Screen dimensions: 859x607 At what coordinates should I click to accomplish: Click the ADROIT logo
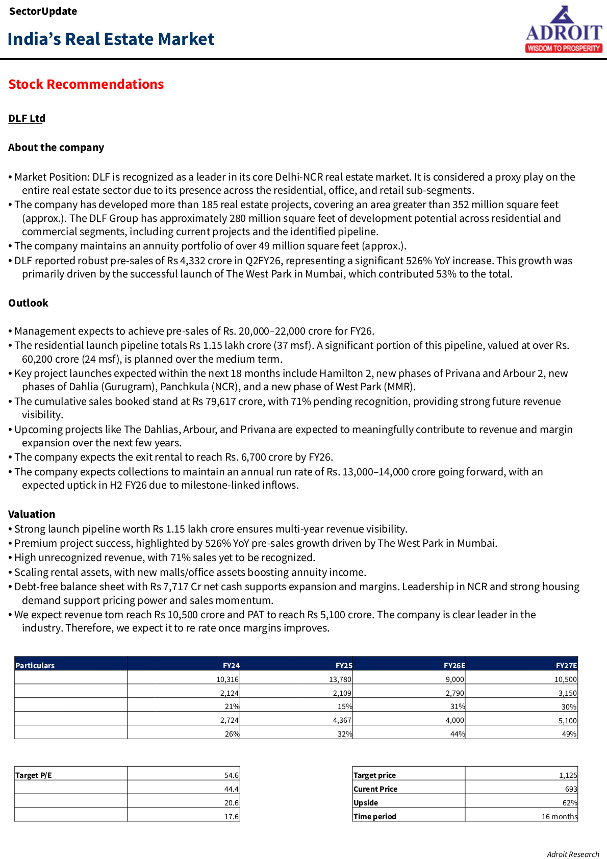pos(564,30)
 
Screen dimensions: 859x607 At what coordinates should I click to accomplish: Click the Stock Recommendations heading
pos(86,84)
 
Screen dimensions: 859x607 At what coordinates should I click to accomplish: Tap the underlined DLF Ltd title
pos(27,118)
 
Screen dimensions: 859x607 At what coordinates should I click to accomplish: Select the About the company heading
pos(56,147)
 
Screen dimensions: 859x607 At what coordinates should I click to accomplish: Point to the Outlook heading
pos(28,303)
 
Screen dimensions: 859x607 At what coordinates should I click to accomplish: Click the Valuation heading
pos(32,514)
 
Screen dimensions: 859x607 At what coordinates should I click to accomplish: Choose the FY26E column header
pos(454,666)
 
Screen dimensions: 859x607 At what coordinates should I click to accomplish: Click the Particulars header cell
pos(35,666)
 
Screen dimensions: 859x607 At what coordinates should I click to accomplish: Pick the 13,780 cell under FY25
pos(340,679)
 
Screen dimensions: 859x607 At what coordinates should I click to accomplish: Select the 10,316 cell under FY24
pos(227,679)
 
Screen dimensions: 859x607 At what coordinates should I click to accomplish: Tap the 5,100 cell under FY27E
pos(567,721)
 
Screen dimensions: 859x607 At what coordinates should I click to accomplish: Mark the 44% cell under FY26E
pos(457,734)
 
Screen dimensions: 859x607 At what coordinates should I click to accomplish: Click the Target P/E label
pos(34,775)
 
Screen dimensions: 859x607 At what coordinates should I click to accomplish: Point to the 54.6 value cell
pos(231,775)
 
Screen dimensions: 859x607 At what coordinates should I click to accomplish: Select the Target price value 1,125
pos(568,775)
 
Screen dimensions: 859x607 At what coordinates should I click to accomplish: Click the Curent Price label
pos(375,789)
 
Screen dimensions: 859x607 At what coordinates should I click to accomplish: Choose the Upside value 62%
pos(569,803)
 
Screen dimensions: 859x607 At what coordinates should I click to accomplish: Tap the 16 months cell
pos(559,817)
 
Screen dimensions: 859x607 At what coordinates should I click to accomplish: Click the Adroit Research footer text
pos(573,854)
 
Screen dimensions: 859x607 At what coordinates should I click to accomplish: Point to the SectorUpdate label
pos(43,11)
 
